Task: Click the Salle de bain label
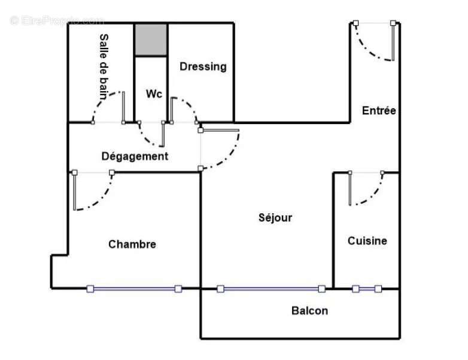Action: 103,66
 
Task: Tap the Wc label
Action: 154,94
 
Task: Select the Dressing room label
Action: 203,66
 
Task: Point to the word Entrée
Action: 379,110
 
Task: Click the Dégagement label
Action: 135,156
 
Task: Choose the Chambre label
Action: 132,244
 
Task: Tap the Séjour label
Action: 275,217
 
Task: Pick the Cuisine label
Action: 367,241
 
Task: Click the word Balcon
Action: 309,310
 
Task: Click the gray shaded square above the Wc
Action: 150,40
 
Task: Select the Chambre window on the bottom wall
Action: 134,289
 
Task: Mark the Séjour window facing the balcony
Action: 271,289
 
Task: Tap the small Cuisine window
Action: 367,289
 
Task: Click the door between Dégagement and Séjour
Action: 224,150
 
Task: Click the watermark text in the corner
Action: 57,20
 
